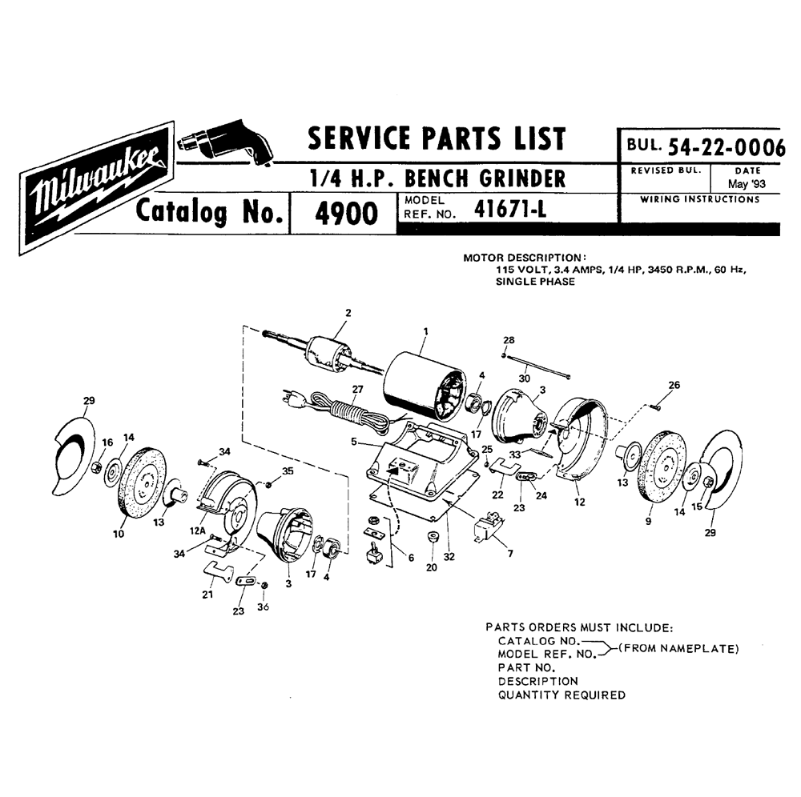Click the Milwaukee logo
[97, 188]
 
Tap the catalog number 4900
[346, 214]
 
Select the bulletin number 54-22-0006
[726, 147]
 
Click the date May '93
[747, 184]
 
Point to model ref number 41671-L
[509, 208]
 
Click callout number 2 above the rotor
[348, 313]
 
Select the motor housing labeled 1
[424, 386]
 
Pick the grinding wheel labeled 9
[662, 464]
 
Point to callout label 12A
[198, 531]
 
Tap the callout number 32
[449, 557]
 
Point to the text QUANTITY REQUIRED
[562, 695]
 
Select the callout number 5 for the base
[353, 442]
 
